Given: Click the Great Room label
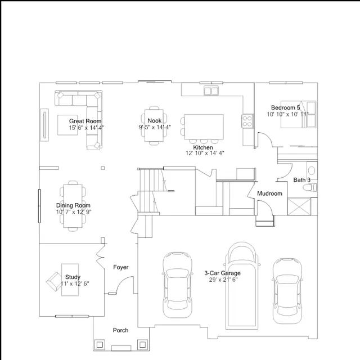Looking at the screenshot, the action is click(85, 121).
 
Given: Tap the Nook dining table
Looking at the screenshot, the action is click(154, 125).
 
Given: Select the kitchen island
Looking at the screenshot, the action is click(204, 127).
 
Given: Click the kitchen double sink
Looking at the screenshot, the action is click(211, 91).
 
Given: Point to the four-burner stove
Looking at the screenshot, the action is click(247, 121).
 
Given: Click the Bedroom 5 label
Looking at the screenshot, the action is click(285, 107).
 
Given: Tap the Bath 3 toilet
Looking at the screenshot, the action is click(310, 187).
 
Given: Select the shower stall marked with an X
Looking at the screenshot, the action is click(299, 206).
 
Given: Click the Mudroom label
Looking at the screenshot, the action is click(269, 193).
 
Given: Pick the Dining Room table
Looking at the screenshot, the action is click(73, 206).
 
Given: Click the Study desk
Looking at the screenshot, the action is click(70, 280).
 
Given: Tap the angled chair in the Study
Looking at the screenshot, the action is click(54, 281).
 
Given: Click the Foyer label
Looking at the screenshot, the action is click(121, 267).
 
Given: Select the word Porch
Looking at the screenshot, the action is click(120, 330).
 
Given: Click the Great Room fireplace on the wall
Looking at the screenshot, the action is click(44, 125).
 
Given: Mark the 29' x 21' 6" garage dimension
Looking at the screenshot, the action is click(223, 280).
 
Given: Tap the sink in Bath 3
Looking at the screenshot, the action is click(312, 170).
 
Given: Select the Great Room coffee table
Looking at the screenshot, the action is click(67, 125).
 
